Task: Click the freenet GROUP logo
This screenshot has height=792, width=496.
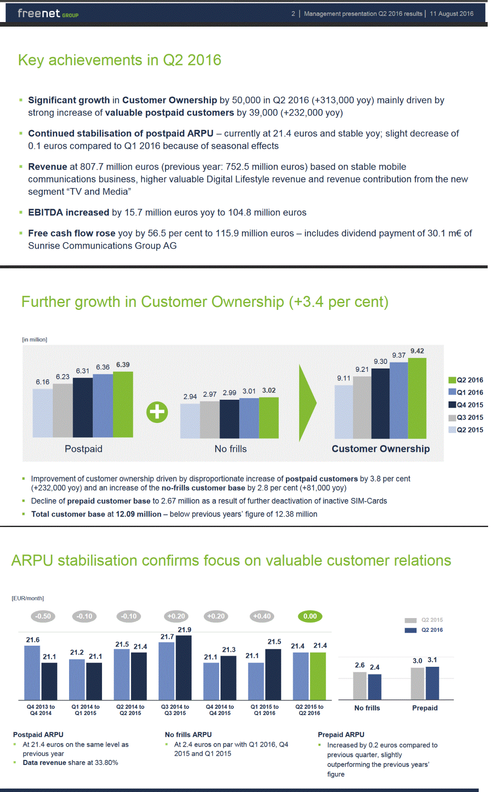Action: click(x=48, y=14)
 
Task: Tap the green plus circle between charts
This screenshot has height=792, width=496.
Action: click(x=157, y=412)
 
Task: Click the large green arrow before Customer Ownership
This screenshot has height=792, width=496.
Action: click(x=308, y=403)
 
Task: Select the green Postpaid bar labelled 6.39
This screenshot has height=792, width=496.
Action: click(x=123, y=404)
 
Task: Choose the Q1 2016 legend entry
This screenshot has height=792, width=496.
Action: click(x=466, y=392)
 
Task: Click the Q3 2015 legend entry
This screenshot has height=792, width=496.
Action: click(x=466, y=417)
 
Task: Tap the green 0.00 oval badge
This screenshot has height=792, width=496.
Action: click(x=310, y=616)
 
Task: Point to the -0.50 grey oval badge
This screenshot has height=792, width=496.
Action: click(x=43, y=616)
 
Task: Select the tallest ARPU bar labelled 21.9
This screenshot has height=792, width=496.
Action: click(x=184, y=667)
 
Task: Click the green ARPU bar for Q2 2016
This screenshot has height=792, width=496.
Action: click(x=318, y=676)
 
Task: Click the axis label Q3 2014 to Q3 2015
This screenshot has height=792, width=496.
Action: click(x=175, y=710)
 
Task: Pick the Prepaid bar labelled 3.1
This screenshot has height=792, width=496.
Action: click(x=432, y=683)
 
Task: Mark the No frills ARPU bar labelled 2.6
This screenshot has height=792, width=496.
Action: click(x=360, y=686)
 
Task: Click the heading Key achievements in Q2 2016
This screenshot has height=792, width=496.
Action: click(x=119, y=60)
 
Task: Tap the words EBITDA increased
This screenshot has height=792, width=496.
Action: click(x=69, y=213)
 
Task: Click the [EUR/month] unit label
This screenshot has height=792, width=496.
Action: click(x=28, y=598)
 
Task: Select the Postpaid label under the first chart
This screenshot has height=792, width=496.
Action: click(x=84, y=449)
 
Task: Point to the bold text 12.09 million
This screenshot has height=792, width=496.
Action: click(x=138, y=514)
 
